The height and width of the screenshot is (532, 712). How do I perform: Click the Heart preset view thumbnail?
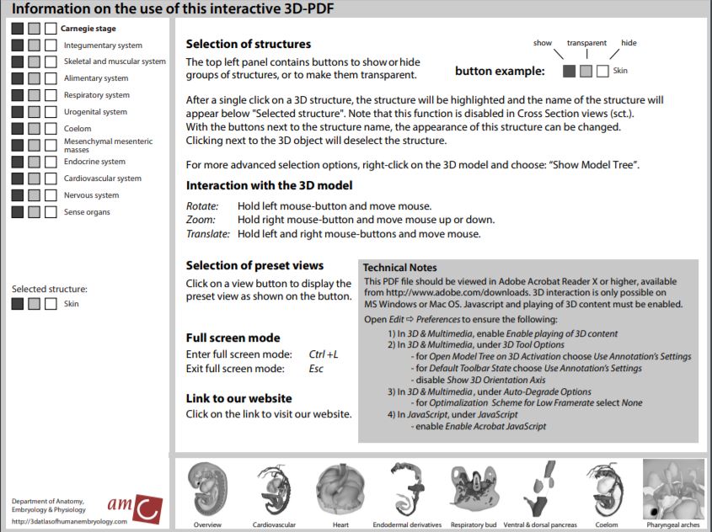340,492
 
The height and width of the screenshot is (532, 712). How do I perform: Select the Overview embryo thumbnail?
206,492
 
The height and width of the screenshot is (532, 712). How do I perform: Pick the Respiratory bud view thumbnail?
478,492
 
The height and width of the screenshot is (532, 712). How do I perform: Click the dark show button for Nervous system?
18,195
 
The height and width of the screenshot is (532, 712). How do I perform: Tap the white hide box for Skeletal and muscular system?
51,61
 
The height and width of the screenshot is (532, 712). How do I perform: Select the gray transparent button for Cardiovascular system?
34,178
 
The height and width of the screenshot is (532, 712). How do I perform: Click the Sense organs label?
87,212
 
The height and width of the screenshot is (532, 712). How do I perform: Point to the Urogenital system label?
95,112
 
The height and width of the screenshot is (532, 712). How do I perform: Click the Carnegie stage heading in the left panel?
88,29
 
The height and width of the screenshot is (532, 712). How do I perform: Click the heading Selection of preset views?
254,266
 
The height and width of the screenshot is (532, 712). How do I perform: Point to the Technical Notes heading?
400,268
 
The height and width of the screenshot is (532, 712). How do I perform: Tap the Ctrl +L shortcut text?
324,354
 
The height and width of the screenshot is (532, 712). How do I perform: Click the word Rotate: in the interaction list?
202,206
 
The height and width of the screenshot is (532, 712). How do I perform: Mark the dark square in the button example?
569,72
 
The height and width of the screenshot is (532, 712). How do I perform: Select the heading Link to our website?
238,398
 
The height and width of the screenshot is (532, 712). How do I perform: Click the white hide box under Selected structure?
51,304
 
